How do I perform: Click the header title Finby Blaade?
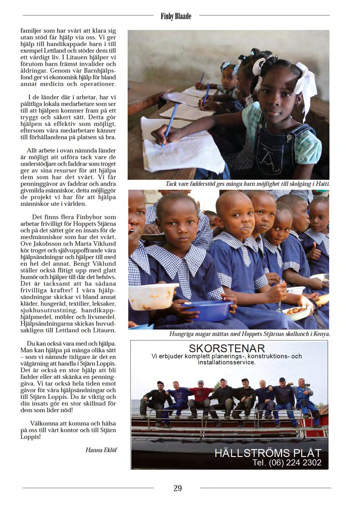[x=176, y=16]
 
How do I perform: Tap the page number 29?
[x=178, y=488]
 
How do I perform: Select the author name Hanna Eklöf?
[x=101, y=450]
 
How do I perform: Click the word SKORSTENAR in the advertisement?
[x=227, y=348]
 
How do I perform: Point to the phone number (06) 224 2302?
[x=295, y=462]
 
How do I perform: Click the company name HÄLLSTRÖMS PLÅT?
[x=267, y=453]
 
